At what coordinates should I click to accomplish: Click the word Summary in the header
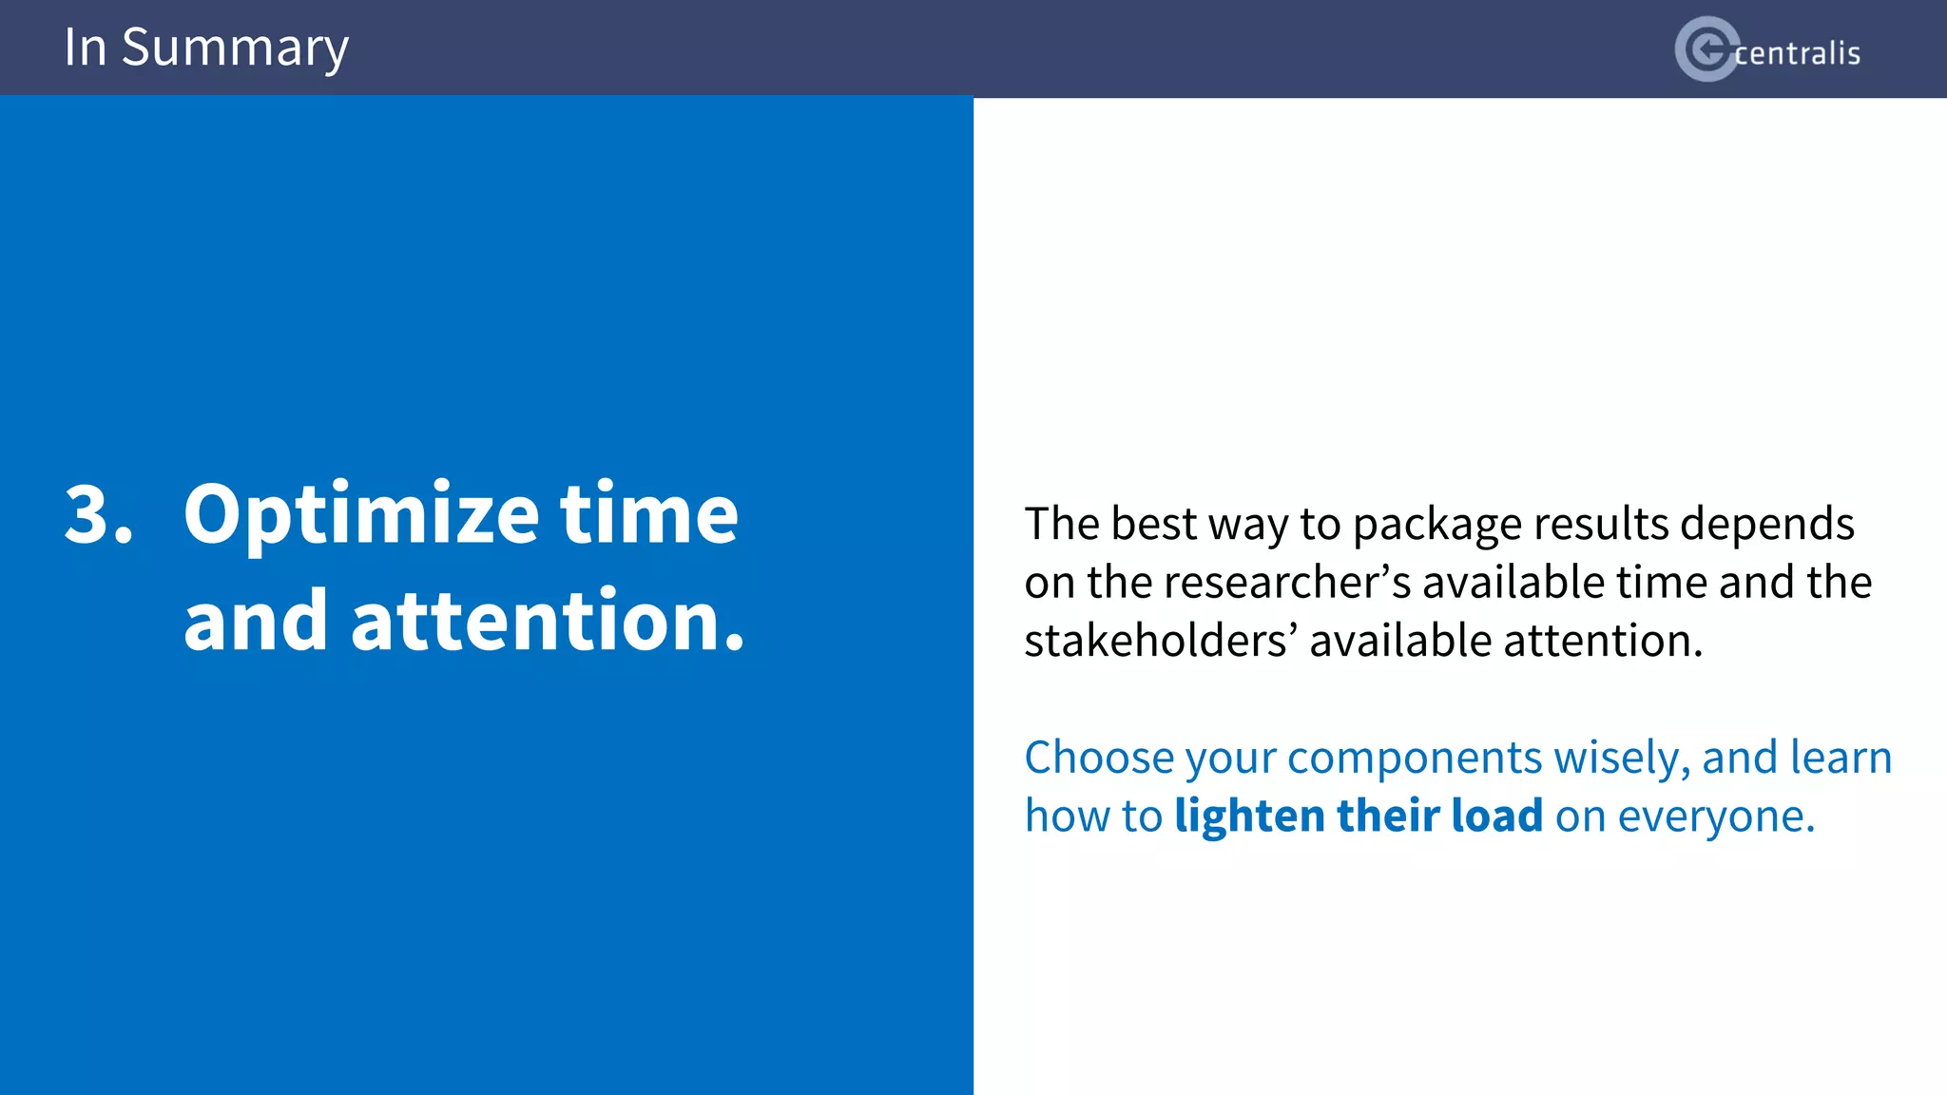coord(235,48)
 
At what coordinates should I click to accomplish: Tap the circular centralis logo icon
coord(1706,49)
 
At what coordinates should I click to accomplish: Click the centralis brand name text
coord(1797,53)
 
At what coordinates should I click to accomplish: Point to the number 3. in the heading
coord(98,514)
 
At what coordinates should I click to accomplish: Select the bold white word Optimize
coord(361,516)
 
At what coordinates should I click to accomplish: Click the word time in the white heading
coord(648,514)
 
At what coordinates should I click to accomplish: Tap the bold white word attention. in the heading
coord(548,621)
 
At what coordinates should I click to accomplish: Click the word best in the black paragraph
coord(1153,524)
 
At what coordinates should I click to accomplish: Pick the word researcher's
coord(1286,582)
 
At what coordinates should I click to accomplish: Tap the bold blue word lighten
coord(1249,816)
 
